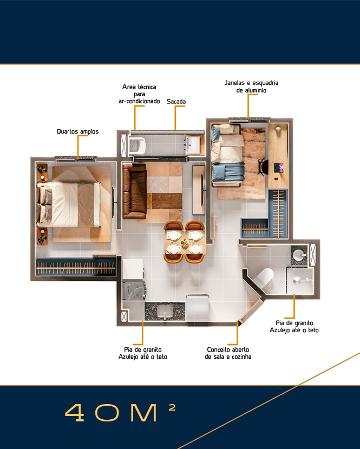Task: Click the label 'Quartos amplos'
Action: pos(77,131)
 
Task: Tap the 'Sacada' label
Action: pos(176,101)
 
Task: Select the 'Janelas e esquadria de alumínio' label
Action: pos(251,87)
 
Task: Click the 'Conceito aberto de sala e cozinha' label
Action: pos(228,353)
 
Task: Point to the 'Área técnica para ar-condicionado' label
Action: pos(139,94)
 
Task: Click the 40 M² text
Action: pos(120,412)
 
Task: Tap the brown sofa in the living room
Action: pos(134,192)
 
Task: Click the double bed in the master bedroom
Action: pos(69,204)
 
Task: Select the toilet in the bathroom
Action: pos(264,277)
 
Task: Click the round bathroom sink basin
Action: pos(299,254)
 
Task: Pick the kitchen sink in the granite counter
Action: pos(165,311)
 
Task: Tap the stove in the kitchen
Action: pos(134,290)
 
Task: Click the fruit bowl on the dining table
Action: pos(185,243)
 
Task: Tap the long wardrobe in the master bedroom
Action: pos(76,268)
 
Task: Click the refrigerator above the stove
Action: pos(133,269)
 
